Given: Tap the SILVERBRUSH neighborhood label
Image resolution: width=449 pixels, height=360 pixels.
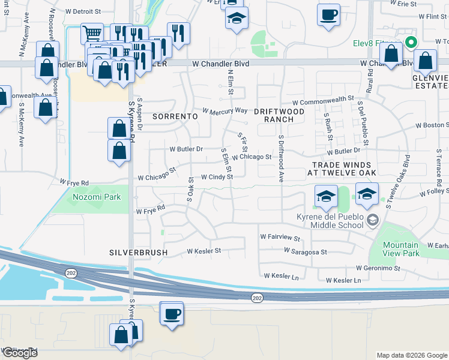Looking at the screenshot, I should [x=138, y=253].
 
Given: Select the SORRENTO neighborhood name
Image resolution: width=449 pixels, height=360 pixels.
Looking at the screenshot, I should [x=175, y=115].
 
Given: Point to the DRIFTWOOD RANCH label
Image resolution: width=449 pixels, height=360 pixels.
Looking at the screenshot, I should [x=274, y=115].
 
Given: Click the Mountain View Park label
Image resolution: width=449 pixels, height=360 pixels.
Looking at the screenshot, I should [x=401, y=249].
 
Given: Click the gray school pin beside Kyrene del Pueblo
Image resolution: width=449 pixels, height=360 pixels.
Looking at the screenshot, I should [x=373, y=220].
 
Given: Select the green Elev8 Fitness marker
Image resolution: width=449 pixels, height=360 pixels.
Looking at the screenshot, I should [x=411, y=43].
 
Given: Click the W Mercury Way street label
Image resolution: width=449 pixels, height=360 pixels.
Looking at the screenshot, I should [x=225, y=110].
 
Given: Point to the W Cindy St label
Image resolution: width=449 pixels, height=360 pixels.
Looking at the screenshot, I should [x=217, y=177].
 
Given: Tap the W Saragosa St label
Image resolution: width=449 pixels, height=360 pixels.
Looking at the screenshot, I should [x=307, y=253].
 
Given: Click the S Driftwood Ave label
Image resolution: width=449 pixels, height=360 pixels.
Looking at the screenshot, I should [x=280, y=157].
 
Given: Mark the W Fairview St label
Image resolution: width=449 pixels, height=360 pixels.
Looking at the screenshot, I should [x=280, y=237].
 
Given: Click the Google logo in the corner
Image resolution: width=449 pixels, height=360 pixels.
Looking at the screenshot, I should [x=19, y=353].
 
